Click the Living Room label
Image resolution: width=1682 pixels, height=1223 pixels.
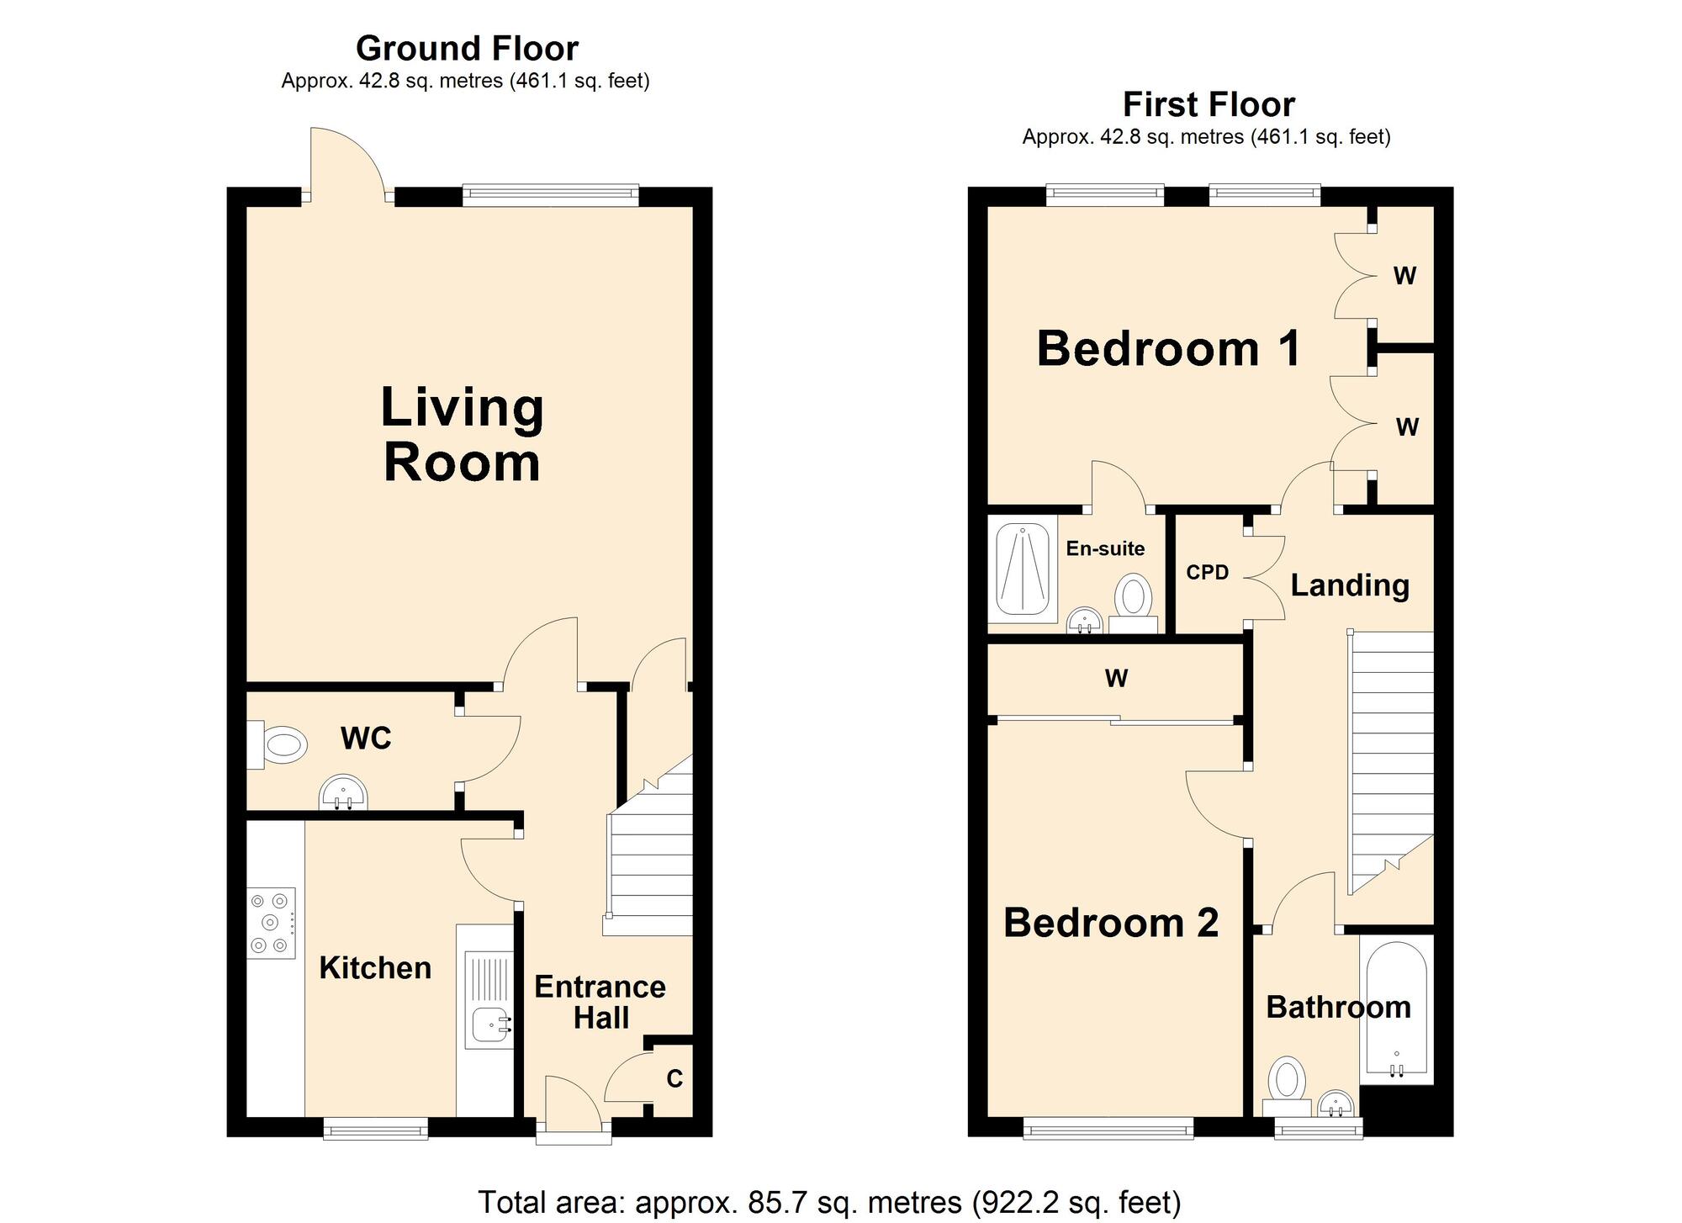coord(462,434)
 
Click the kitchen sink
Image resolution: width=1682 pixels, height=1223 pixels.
coord(489,1000)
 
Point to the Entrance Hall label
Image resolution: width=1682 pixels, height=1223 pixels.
coord(600,1002)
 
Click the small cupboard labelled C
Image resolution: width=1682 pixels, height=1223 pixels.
coord(674,1078)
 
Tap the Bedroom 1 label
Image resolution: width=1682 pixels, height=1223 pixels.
coord(1168,348)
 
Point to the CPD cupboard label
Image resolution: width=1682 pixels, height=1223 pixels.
coord(1207,573)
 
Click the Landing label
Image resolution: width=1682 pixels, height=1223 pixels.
coord(1350,585)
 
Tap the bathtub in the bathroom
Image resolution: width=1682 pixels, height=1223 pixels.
coord(1396,1009)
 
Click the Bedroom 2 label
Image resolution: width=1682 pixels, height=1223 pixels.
coord(1111,923)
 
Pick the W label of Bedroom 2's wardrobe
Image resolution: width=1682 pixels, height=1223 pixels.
coord(1116,678)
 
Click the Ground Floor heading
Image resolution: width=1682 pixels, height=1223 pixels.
coord(467,49)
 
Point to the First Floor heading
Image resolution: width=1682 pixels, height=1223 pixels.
coord(1209,105)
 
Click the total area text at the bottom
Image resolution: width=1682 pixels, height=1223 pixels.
coord(829,1202)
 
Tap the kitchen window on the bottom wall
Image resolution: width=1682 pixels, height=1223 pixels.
coord(376,1128)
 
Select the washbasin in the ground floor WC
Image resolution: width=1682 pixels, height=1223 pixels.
coord(343,792)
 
